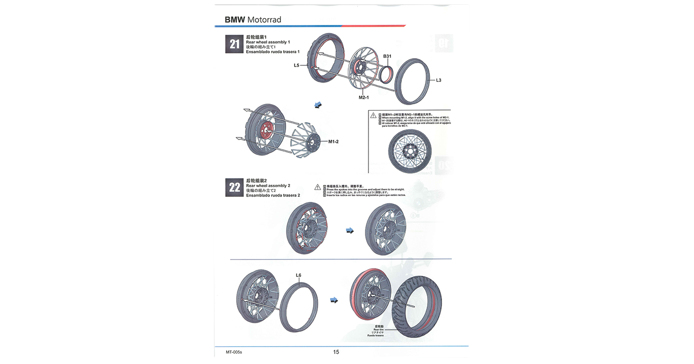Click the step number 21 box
[x=234, y=44]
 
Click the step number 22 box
[x=234, y=188]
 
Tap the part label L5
[x=296, y=66]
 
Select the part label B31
[x=387, y=57]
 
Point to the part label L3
[x=438, y=80]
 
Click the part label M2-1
[x=363, y=98]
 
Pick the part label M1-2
[x=333, y=142]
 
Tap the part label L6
[x=299, y=275]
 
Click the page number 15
[x=336, y=352]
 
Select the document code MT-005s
[x=234, y=352]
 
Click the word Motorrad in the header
[x=264, y=20]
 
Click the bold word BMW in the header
[x=235, y=20]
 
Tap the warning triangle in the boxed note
[x=373, y=115]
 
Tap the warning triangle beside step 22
[x=317, y=187]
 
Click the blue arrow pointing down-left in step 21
[x=317, y=105]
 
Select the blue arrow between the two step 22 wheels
[x=350, y=231]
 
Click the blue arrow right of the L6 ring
[x=334, y=300]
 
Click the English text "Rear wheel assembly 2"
[x=268, y=186]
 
